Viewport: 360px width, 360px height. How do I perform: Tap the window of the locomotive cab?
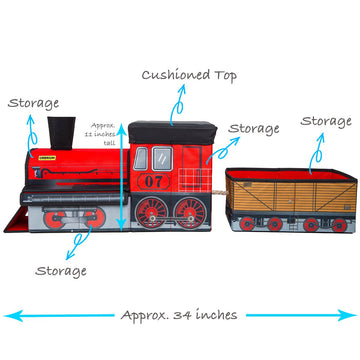(159, 157)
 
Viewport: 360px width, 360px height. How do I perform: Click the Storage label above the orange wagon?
(326, 121)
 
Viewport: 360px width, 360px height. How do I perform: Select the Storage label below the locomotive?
(61, 270)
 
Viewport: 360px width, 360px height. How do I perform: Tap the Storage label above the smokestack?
(33, 102)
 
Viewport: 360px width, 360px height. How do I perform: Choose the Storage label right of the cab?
(253, 128)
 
